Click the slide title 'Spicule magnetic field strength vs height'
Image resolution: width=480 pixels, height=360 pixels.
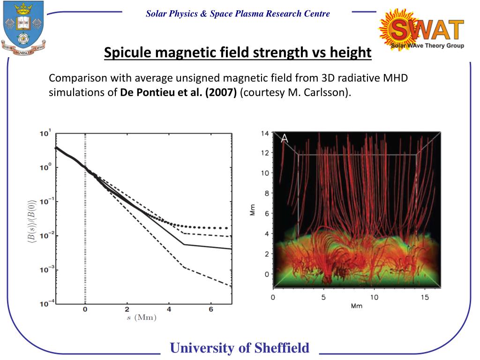(237, 52)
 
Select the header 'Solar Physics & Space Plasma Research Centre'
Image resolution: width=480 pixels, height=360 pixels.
(238, 14)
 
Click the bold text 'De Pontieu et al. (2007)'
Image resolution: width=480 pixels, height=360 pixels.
(179, 92)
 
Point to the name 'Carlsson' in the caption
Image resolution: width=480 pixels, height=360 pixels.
(328, 92)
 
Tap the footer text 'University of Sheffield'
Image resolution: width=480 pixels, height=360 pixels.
(240, 348)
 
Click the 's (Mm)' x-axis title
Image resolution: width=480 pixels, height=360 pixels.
(141, 318)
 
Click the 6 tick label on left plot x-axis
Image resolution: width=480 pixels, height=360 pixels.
(211, 310)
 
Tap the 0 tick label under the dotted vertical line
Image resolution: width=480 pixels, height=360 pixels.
(85, 310)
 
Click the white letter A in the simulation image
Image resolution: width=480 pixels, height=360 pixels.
(284, 138)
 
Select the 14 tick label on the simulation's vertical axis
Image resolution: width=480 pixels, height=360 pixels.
(265, 134)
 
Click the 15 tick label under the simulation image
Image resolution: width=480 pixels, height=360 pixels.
(425, 297)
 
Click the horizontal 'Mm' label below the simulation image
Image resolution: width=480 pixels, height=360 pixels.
(356, 306)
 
